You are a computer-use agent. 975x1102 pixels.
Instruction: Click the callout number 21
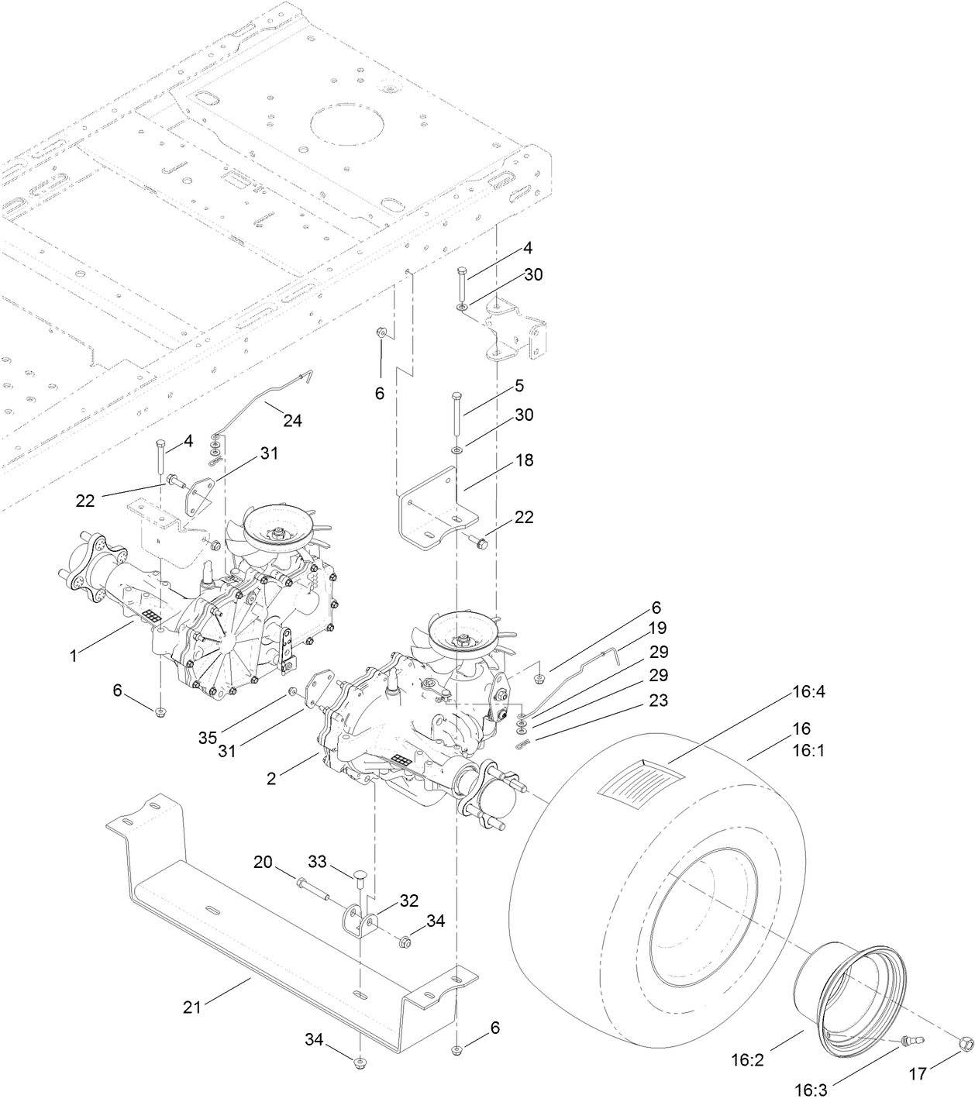point(191,1007)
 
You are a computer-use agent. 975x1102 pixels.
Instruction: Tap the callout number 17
point(918,1074)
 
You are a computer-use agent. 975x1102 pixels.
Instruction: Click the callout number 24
point(291,421)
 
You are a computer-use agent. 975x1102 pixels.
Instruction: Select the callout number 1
point(74,656)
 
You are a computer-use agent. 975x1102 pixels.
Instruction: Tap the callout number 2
point(271,779)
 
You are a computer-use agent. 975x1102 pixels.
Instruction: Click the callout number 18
point(525,460)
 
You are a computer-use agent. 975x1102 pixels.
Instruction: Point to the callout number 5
point(519,385)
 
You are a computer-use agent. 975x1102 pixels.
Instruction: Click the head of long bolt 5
point(457,397)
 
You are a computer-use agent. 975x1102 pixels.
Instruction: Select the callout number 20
point(264,862)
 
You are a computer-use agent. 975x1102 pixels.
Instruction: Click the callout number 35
point(207,737)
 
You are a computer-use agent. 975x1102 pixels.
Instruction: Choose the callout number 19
point(657,628)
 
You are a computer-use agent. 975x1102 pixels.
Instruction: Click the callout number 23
point(658,701)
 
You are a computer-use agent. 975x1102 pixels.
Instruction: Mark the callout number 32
point(408,901)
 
